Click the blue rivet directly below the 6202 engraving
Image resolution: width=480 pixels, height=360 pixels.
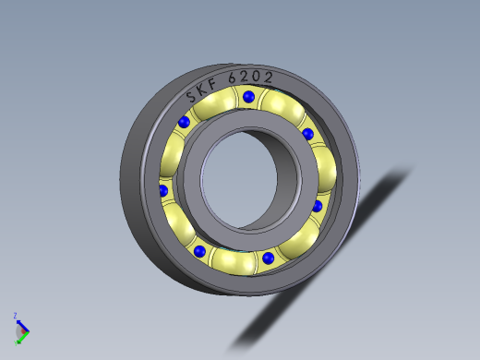(248, 96)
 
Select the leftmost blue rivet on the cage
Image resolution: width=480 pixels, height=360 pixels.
(163, 191)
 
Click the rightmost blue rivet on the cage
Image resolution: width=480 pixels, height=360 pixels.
(318, 206)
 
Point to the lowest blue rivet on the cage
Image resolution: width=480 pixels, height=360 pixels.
(268, 258)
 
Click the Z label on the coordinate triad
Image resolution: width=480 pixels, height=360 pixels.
(16, 316)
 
